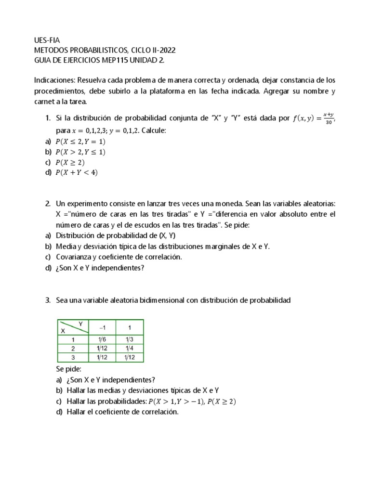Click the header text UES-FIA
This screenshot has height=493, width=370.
click(x=47, y=40)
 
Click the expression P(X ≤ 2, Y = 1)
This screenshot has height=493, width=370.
click(x=80, y=142)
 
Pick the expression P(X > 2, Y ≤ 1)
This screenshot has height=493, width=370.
click(x=80, y=152)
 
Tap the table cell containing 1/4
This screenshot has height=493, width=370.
click(x=129, y=349)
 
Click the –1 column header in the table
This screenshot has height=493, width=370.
click(x=102, y=327)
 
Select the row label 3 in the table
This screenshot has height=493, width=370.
click(x=73, y=357)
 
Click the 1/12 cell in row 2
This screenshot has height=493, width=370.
click(x=101, y=349)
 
